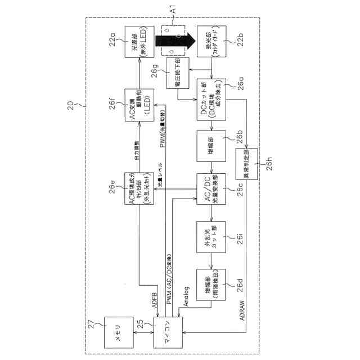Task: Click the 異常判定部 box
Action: [x=246, y=164]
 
